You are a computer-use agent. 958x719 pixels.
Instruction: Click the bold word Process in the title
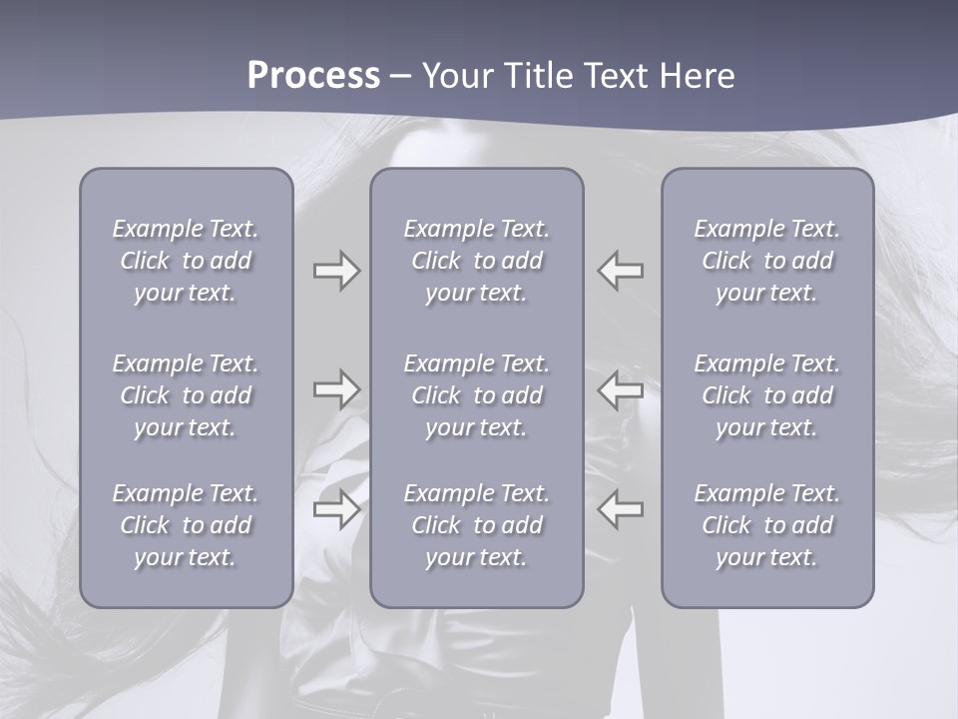(313, 76)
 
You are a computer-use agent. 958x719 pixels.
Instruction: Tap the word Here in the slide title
(698, 76)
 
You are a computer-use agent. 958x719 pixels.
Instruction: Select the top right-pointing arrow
(336, 271)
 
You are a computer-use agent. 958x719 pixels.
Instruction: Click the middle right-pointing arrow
(336, 389)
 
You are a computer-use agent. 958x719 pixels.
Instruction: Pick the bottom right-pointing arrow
(336, 510)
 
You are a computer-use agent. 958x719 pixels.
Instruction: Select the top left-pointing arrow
(621, 271)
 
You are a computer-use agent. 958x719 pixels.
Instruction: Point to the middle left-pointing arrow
(621, 389)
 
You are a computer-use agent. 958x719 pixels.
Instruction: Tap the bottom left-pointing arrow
(621, 510)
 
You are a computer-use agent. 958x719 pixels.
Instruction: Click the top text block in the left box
(186, 261)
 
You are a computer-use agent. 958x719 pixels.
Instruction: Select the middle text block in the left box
(186, 395)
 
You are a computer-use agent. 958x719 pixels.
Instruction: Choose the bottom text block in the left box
(186, 525)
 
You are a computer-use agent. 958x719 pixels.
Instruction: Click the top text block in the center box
(476, 261)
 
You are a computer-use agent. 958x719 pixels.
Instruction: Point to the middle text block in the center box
(476, 395)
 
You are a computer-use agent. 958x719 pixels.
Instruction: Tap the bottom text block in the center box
(476, 525)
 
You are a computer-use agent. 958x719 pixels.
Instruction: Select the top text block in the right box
(766, 261)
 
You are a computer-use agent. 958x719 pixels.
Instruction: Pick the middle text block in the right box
(766, 395)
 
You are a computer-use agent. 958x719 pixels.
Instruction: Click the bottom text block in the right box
(766, 525)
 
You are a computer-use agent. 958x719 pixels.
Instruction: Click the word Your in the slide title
(456, 76)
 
